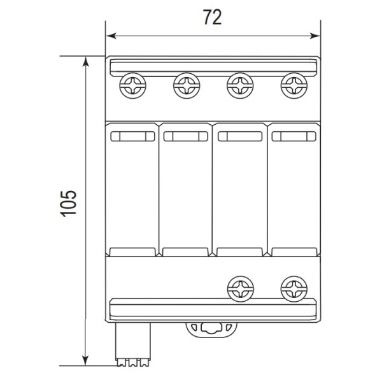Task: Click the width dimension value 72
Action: (x=212, y=17)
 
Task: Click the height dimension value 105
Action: (x=69, y=203)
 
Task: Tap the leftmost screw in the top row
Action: (x=133, y=85)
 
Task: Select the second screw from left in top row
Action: (x=186, y=85)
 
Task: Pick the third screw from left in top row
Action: (x=239, y=85)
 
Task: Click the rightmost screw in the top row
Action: (x=292, y=85)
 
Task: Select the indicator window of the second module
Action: (x=185, y=136)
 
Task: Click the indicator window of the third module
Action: (x=239, y=136)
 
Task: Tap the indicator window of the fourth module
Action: (x=292, y=136)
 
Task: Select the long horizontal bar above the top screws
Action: (x=213, y=66)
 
